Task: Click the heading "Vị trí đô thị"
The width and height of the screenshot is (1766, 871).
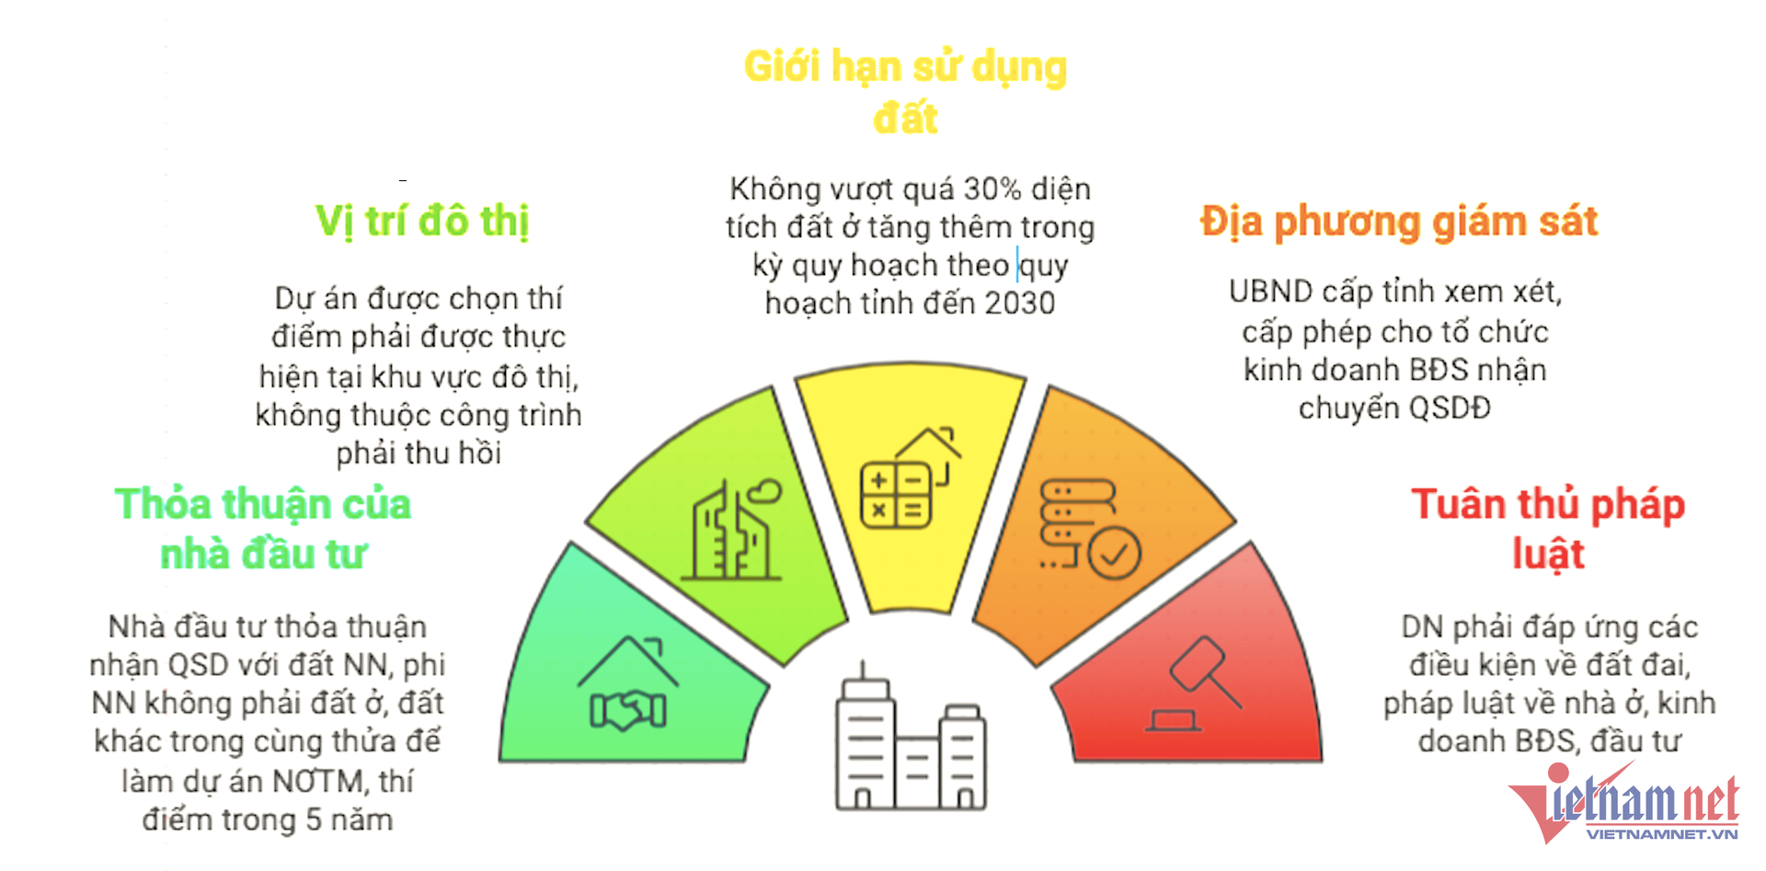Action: (422, 222)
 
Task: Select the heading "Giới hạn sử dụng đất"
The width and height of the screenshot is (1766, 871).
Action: (905, 91)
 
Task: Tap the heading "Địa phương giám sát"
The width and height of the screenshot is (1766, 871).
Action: (1398, 222)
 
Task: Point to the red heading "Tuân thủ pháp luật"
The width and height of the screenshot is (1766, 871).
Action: (1548, 528)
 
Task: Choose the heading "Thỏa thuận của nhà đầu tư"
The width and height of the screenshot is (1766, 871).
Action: (263, 529)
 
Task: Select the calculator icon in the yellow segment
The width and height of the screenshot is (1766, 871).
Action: (895, 496)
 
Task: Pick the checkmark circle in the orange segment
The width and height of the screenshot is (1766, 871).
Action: (1115, 553)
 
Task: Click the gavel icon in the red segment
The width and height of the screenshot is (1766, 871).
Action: (1195, 685)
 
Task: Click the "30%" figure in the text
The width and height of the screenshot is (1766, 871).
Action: (992, 189)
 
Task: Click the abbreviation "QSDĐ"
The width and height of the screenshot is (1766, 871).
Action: (1440, 407)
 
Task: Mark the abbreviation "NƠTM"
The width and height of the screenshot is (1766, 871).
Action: (317, 782)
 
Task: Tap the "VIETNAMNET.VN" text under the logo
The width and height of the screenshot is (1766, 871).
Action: (1661, 834)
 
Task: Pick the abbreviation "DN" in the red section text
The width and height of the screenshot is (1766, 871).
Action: (1421, 627)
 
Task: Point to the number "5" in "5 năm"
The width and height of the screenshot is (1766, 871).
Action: (314, 819)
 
